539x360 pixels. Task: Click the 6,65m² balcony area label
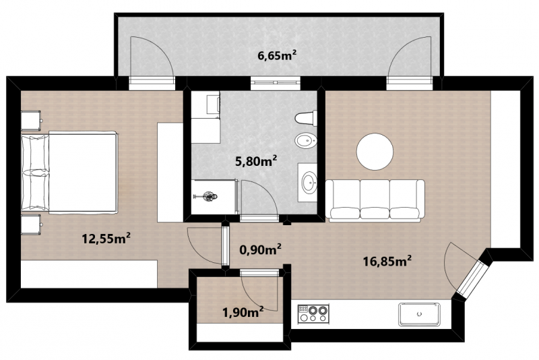coord(277,55)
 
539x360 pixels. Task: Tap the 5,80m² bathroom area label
coord(256,161)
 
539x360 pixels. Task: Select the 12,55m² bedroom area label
coord(106,238)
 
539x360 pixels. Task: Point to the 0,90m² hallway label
coord(260,249)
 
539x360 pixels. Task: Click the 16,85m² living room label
coord(387,262)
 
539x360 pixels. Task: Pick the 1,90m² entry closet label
coord(243,312)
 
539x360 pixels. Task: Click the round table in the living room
coord(375,152)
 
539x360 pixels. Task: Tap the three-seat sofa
coord(375,199)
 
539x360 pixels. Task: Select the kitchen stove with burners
coord(313,313)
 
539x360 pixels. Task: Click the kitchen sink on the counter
coord(419,314)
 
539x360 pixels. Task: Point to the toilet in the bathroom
coord(306,118)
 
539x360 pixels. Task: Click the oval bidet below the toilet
coord(306,141)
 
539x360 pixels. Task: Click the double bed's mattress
coord(82,173)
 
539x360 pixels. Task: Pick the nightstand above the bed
coord(31,121)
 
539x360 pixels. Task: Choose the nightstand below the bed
coord(31,225)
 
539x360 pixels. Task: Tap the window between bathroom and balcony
coord(276,83)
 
